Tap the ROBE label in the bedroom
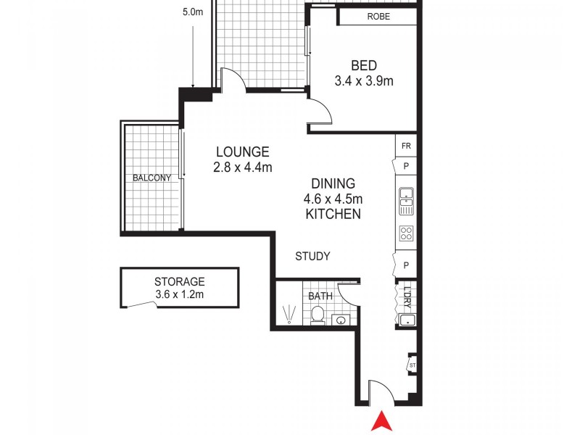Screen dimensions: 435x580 click(x=379, y=16)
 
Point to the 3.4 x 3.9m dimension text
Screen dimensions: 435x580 click(x=364, y=81)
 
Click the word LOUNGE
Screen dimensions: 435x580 click(x=242, y=152)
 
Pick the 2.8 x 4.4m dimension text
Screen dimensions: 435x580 click(x=242, y=167)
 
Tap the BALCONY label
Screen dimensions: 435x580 click(x=152, y=178)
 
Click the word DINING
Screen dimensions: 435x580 click(x=333, y=183)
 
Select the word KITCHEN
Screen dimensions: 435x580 click(x=333, y=214)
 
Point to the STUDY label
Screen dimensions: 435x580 click(x=312, y=256)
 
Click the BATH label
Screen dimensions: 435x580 click(x=320, y=296)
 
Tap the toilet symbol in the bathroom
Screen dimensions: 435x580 click(x=318, y=315)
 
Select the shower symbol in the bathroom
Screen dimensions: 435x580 click(x=290, y=315)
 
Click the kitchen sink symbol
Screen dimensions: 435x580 click(x=406, y=201)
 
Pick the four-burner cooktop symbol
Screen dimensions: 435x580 click(x=406, y=233)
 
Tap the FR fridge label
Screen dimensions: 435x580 click(x=406, y=146)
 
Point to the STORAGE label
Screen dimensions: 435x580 click(x=179, y=281)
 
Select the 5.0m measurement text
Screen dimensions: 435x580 click(x=192, y=11)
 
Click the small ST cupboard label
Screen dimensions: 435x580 click(x=412, y=365)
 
